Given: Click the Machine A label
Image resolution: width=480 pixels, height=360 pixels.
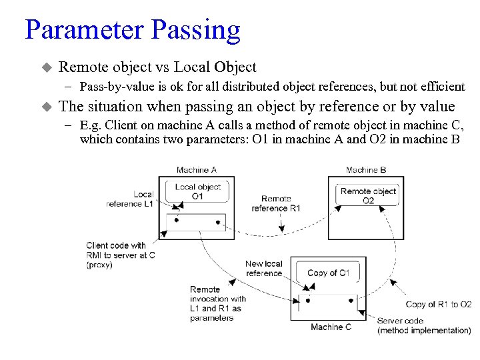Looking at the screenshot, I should pyautogui.click(x=196, y=170).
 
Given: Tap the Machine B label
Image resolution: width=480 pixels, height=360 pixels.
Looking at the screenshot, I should pyautogui.click(x=366, y=170).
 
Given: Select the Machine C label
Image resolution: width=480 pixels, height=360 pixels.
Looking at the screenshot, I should pyautogui.click(x=331, y=327).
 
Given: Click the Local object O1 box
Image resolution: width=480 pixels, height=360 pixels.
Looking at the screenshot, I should pyautogui.click(x=197, y=192).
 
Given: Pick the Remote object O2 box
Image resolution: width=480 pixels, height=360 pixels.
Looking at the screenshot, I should pyautogui.click(x=368, y=195).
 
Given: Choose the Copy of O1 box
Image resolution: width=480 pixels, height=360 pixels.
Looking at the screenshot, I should pyautogui.click(x=329, y=273).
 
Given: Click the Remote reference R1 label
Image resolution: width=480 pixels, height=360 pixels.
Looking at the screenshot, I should pyautogui.click(x=275, y=203).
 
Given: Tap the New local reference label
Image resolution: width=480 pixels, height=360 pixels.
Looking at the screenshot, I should pyautogui.click(x=263, y=268).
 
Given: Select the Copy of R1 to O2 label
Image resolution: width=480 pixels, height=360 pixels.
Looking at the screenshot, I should pyautogui.click(x=438, y=305).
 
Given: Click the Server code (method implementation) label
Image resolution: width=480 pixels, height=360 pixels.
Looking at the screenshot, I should pyautogui.click(x=423, y=325).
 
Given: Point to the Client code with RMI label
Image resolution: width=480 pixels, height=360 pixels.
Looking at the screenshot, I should pyautogui.click(x=120, y=255).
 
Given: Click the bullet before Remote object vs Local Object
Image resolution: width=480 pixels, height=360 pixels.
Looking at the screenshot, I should pyautogui.click(x=46, y=67).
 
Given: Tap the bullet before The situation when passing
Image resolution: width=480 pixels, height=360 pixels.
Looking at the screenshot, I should pyautogui.click(x=46, y=107).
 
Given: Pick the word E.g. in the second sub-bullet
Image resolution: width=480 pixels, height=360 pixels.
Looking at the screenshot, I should pyautogui.click(x=91, y=125).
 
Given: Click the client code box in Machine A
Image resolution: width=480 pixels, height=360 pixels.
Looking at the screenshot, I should pyautogui.click(x=197, y=221).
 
